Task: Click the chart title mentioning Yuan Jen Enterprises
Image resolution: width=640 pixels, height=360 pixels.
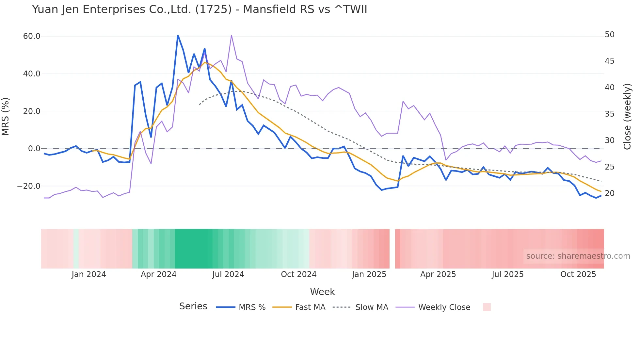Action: tap(200, 9)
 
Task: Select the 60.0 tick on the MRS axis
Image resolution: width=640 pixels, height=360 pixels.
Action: tap(32, 36)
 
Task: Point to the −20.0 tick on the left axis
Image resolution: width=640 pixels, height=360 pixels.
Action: tap(29, 186)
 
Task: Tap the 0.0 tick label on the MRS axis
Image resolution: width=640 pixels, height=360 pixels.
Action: tap(34, 149)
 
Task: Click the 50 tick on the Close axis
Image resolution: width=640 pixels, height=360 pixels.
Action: tap(609, 35)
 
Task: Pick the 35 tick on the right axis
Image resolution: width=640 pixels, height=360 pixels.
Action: tap(609, 114)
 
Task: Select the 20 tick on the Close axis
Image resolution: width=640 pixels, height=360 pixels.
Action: tap(609, 193)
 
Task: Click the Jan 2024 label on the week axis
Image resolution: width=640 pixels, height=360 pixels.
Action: tap(89, 274)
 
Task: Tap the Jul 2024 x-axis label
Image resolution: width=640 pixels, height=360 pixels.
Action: tap(228, 274)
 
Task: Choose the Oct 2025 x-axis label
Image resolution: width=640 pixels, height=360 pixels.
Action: tap(578, 274)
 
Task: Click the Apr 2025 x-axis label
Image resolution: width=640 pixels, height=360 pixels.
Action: tap(438, 274)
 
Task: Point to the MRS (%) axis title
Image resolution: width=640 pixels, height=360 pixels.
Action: tap(6, 116)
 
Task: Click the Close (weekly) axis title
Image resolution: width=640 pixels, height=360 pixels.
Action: tap(627, 117)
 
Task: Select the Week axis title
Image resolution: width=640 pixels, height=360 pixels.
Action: tap(322, 292)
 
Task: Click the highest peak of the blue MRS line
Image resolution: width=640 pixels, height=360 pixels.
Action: tap(178, 35)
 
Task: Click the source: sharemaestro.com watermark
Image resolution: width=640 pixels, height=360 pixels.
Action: tap(578, 256)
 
